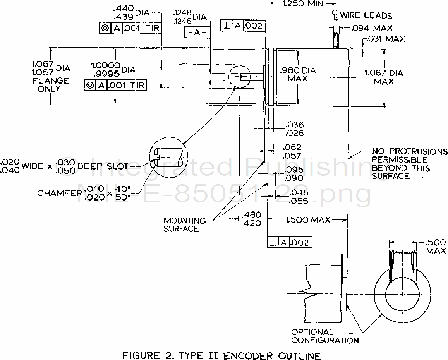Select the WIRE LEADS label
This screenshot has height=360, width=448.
point(366,16)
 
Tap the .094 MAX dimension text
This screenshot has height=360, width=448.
point(372,28)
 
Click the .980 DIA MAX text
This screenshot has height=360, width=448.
point(297,74)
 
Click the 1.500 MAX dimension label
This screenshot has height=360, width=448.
point(308,220)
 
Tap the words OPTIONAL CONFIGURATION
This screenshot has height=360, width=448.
point(324,336)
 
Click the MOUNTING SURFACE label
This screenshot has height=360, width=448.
point(185,225)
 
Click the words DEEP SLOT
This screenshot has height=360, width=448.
point(103,166)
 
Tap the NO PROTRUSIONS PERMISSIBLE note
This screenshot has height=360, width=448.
point(409,163)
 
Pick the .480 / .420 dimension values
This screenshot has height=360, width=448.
point(251,219)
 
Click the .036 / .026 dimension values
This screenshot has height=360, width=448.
point(294,129)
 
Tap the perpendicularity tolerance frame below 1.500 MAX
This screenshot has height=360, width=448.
point(290,242)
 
